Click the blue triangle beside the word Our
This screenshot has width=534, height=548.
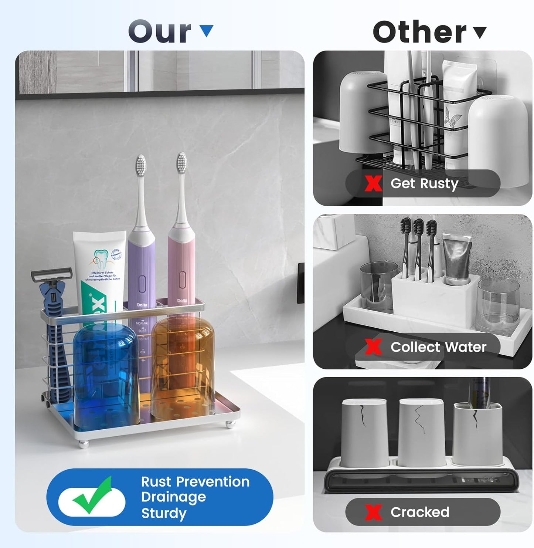click(206, 30)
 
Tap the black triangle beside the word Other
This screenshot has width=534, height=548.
click(480, 32)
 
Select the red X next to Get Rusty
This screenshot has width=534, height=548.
click(373, 183)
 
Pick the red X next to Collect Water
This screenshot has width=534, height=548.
click(373, 347)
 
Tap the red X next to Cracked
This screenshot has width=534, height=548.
click(373, 512)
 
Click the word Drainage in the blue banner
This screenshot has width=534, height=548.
click(173, 497)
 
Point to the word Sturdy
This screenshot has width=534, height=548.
click(164, 514)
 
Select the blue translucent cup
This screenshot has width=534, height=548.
click(106, 373)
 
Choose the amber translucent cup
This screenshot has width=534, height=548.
click(183, 370)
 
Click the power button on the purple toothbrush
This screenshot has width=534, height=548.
click(142, 284)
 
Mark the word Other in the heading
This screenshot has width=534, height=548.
click(419, 32)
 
